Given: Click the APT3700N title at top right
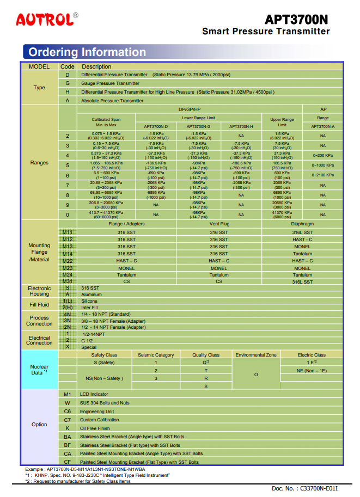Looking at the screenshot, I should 296,20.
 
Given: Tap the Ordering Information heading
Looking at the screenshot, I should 87,52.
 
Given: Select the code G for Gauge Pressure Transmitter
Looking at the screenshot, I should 68,83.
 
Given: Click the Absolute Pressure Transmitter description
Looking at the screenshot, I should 112,101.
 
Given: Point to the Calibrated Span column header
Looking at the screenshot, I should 106,122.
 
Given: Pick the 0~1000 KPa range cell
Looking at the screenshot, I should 322,165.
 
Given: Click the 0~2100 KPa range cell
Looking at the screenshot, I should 322,175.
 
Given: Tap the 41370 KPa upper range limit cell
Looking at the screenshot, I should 282,214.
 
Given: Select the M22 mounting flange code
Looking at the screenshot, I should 68,261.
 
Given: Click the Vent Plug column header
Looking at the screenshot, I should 219,224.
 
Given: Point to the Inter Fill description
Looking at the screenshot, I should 89,308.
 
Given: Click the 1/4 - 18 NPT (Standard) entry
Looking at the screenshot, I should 106,314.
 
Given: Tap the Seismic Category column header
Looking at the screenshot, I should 156,355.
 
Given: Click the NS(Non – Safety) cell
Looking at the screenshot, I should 104,378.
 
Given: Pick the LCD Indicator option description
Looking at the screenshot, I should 94,394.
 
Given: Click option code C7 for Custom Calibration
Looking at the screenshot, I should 68,420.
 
